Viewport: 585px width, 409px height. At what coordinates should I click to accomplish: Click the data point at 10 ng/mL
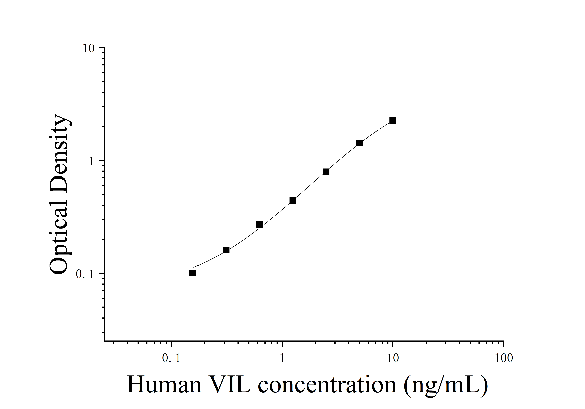tap(393, 121)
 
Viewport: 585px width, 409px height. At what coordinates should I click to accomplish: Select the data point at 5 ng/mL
tap(359, 143)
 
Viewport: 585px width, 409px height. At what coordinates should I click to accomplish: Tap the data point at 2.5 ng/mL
tap(326, 172)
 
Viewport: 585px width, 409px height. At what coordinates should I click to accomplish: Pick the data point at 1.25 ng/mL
tap(293, 201)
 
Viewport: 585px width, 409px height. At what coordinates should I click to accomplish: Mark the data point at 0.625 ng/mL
tap(259, 224)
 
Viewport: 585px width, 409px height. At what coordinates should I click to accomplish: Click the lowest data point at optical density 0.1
tap(193, 273)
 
